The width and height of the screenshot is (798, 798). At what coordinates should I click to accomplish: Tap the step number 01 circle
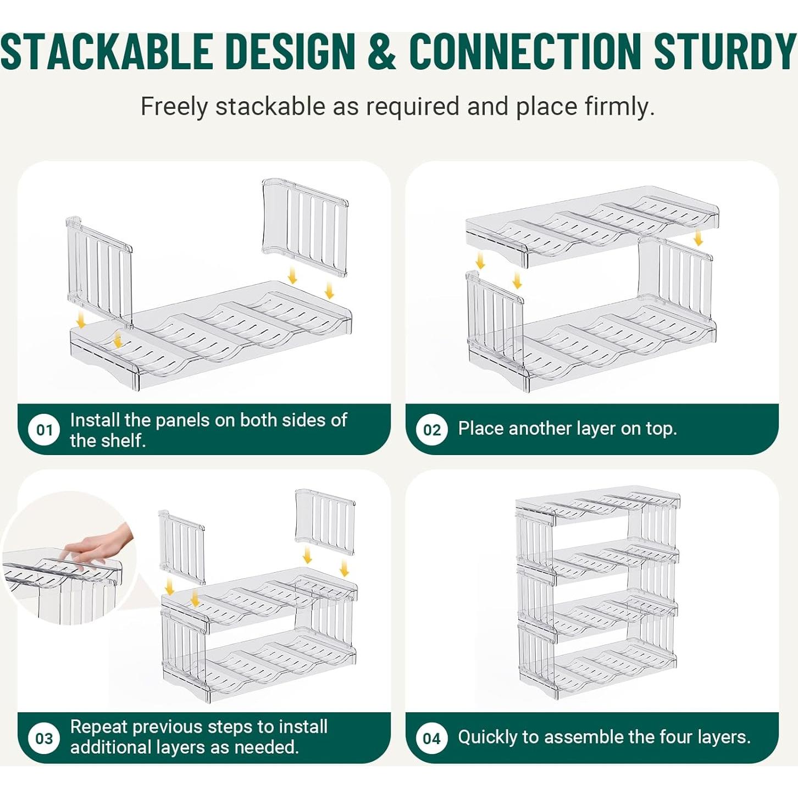[x=44, y=430]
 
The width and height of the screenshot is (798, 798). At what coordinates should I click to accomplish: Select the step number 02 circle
[x=432, y=430]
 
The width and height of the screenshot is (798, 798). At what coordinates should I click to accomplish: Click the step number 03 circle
[x=44, y=738]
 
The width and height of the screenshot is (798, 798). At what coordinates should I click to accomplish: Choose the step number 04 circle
[x=432, y=738]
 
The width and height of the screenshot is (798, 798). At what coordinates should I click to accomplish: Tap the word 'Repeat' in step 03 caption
[x=99, y=727]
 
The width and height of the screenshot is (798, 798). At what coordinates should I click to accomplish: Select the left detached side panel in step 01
[x=99, y=269]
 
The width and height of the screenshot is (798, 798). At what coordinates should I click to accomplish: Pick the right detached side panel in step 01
[x=306, y=225]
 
